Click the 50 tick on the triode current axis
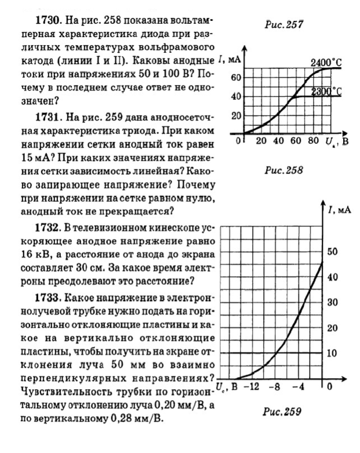click(x=333, y=252)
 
